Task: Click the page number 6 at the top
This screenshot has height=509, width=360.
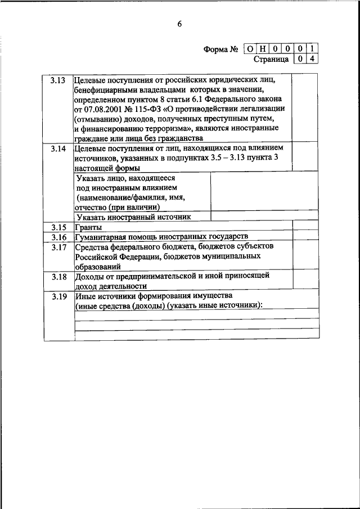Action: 179,24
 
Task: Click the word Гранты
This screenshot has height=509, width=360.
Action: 88,227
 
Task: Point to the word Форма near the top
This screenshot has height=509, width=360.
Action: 215,49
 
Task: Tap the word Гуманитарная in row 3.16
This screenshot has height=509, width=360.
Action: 101,237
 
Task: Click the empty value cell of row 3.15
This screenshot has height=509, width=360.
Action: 306,227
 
